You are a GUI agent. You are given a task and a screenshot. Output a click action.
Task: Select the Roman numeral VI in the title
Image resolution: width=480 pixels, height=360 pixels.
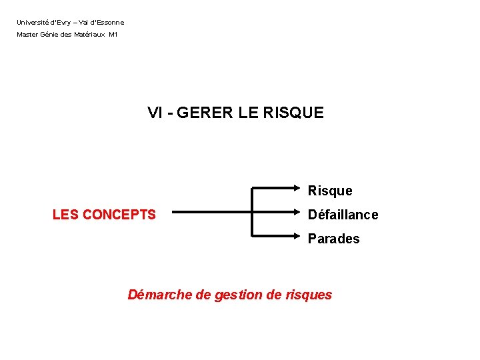[x=155, y=113]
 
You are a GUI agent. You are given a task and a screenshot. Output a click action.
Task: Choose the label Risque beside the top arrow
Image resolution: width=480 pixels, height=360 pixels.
[x=330, y=191]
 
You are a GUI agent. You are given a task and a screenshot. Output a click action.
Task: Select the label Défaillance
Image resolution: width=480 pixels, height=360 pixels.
[x=343, y=215]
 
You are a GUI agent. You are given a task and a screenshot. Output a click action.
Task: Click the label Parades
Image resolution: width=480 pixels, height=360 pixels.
[x=333, y=239]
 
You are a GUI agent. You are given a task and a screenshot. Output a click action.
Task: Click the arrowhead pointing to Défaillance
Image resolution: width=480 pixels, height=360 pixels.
[x=300, y=213]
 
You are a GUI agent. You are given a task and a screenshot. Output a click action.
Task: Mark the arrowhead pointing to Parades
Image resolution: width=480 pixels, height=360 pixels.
[x=300, y=236]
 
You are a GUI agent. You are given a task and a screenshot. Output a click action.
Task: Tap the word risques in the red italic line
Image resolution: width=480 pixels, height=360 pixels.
[x=308, y=295]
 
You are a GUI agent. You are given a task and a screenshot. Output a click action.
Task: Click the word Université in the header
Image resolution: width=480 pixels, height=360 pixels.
[x=31, y=23]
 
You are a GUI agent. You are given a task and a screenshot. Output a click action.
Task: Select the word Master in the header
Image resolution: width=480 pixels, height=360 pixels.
[x=28, y=35]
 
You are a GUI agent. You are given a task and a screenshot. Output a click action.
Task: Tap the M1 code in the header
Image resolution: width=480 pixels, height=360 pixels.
[x=113, y=35]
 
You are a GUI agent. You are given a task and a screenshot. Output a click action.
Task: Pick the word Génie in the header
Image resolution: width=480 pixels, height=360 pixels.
[x=51, y=35]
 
